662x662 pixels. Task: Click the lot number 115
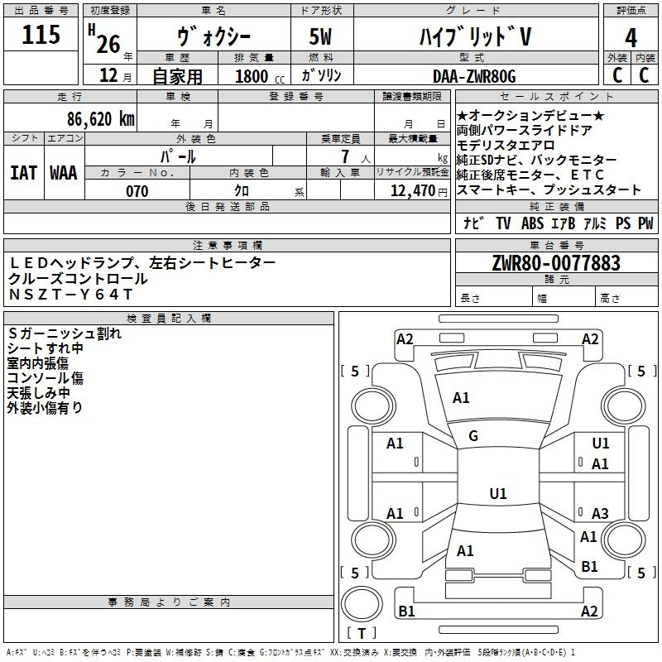pyautogui.click(x=41, y=34)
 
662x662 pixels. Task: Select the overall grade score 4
pyautogui.click(x=631, y=37)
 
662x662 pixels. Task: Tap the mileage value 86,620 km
pyautogui.click(x=101, y=118)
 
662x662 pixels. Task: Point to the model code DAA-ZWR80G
pyautogui.click(x=474, y=76)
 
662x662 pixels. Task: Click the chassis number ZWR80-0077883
pyautogui.click(x=556, y=262)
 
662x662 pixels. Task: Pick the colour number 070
pyautogui.click(x=137, y=191)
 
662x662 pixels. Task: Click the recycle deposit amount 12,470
pyautogui.click(x=413, y=190)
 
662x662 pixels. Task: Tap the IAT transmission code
pyautogui.click(x=24, y=173)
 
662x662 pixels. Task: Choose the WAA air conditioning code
pyautogui.click(x=64, y=173)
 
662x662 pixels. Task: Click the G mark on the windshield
pyautogui.click(x=473, y=436)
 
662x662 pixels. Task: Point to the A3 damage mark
pyautogui.click(x=600, y=513)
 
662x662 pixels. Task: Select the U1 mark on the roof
pyautogui.click(x=498, y=493)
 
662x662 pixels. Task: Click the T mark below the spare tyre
pyautogui.click(x=362, y=633)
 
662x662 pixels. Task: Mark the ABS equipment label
pyautogui.click(x=532, y=223)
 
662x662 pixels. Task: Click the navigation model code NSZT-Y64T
pyautogui.click(x=71, y=295)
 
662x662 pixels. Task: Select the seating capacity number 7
pyautogui.click(x=345, y=156)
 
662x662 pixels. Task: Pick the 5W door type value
pyautogui.click(x=320, y=36)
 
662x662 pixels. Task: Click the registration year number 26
pyautogui.click(x=108, y=44)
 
